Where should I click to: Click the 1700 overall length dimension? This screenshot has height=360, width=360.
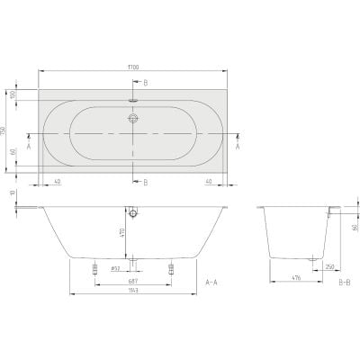(x=134, y=68)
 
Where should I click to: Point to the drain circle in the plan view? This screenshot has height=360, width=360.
(x=133, y=119)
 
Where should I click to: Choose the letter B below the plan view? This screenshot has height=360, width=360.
(x=145, y=183)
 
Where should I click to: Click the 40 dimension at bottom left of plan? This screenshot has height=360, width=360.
(x=57, y=181)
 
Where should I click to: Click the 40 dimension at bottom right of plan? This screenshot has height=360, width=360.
(x=209, y=181)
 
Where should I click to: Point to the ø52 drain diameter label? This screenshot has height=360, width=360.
(x=115, y=268)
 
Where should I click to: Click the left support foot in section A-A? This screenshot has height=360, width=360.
(x=94, y=268)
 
